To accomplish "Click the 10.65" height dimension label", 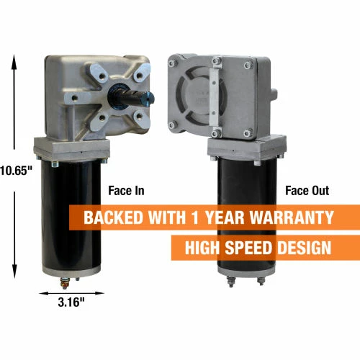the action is point(16,171).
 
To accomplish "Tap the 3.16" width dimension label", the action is point(71,302).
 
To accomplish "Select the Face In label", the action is point(126,191).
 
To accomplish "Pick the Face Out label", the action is point(307,191).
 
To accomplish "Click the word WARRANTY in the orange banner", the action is point(292,217).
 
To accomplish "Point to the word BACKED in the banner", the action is point(113,217).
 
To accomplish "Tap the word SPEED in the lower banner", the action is point(248,248).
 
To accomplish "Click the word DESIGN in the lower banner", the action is point(305,248).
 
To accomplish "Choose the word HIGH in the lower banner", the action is point(202,248).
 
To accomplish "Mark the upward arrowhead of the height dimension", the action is point(14,61).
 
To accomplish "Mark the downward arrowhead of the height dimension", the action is point(14,271).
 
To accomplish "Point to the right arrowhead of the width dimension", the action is point(99,293).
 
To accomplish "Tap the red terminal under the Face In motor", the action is point(65,284).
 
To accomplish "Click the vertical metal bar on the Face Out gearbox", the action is point(214,97).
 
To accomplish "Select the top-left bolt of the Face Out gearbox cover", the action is point(172,63).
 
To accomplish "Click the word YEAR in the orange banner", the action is point(224,217).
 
